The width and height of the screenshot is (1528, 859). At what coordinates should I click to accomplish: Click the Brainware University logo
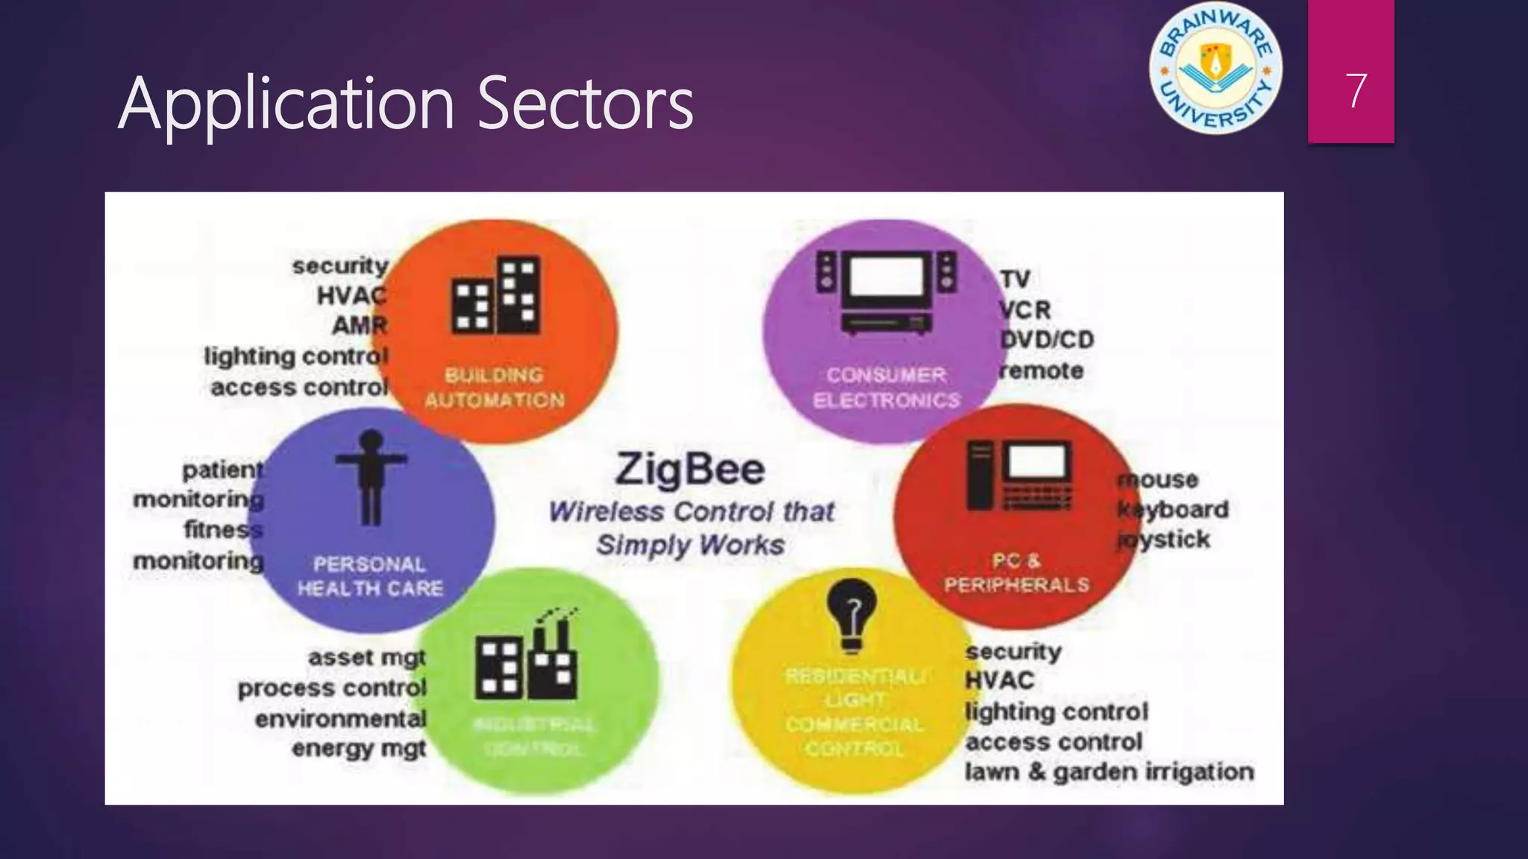1215,69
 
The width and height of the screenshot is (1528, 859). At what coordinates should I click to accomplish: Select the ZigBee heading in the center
690,470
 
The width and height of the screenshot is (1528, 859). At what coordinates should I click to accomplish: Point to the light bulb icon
852,614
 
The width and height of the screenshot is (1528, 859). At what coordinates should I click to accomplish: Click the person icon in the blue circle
371,477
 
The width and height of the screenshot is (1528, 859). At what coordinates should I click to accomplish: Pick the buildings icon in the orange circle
495,296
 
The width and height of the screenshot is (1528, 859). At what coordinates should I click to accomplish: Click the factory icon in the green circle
527,656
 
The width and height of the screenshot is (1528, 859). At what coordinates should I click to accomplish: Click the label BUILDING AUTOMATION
495,388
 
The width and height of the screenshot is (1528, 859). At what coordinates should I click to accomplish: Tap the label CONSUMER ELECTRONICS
886,388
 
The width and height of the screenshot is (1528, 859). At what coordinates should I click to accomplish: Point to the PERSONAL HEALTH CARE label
370,576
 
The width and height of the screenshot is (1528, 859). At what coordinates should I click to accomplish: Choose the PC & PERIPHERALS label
1016,573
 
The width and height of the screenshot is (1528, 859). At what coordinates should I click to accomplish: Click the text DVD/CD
1047,340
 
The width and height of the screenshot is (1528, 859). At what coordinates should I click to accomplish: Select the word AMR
360,326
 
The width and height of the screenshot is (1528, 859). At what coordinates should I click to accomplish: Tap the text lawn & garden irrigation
1109,772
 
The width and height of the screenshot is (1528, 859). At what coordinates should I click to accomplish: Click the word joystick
1164,539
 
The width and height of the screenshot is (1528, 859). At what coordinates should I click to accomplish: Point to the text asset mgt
366,658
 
